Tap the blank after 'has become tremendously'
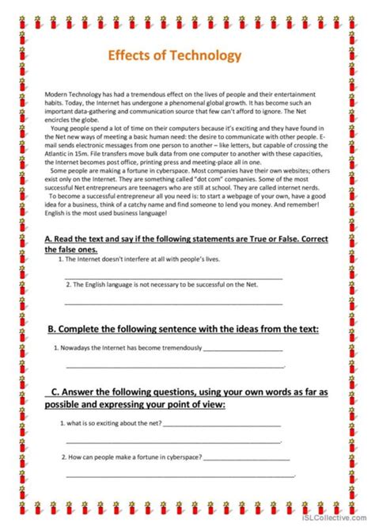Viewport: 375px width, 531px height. click(243, 349)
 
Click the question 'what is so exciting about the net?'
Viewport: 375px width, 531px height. click(111, 423)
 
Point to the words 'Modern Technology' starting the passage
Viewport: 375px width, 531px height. click(72, 94)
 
